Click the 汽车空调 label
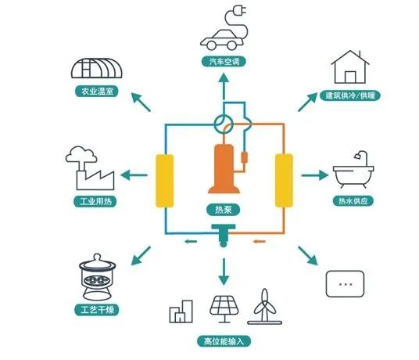tap(224, 62)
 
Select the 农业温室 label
tap(97, 92)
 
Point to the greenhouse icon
tap(96, 68)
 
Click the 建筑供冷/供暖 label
tap(350, 95)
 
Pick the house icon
tap(350, 67)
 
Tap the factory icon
tap(90, 168)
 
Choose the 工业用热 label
tap(95, 201)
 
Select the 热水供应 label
tap(353, 200)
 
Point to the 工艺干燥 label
tap(97, 310)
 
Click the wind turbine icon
tap(264, 307)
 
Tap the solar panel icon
tap(224, 309)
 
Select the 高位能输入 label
tap(224, 341)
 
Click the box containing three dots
tap(345, 284)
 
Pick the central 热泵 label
tap(224, 209)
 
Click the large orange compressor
tap(224, 168)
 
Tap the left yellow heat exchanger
tap(165, 181)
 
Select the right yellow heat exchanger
tap(284, 180)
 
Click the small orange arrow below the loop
tap(260, 242)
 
